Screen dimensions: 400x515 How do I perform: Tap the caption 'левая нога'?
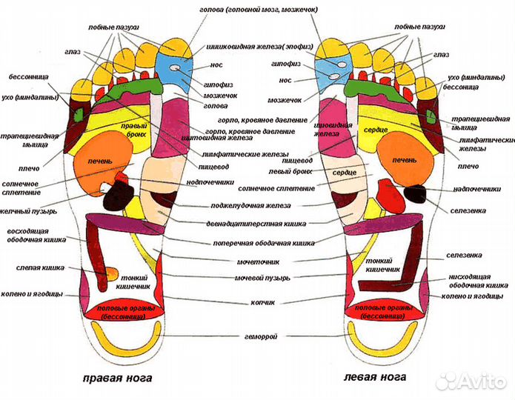point(374,378)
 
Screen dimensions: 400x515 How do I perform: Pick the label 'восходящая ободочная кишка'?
point(33,234)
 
